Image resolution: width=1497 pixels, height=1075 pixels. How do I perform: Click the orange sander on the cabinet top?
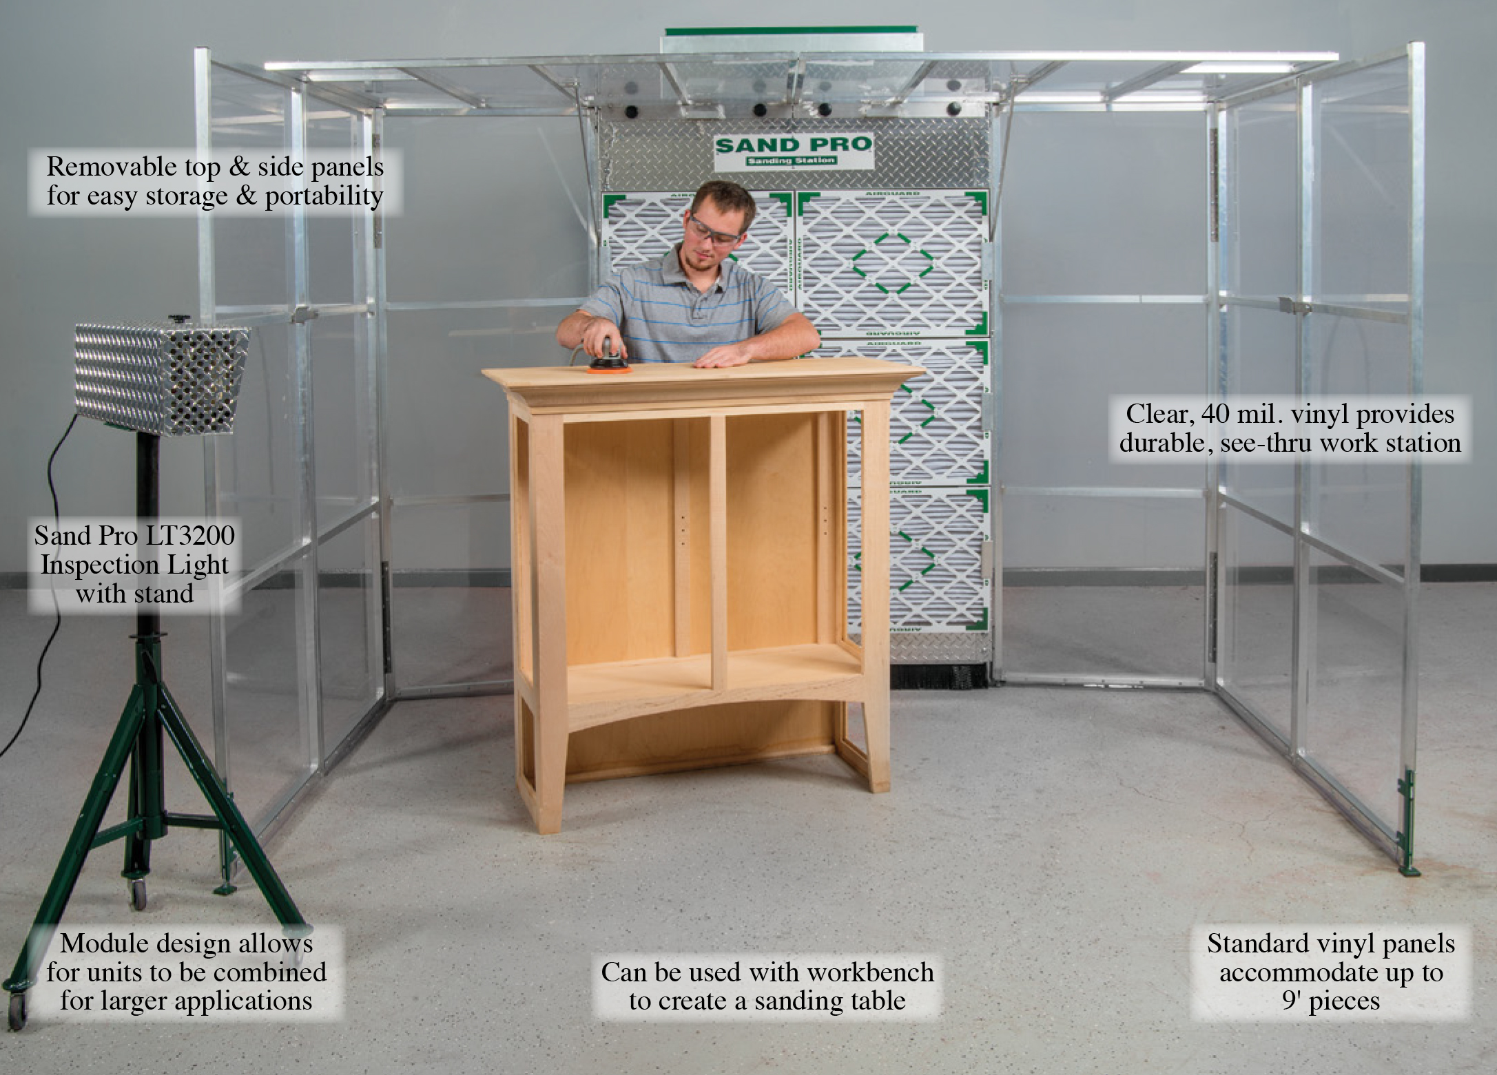tap(608, 360)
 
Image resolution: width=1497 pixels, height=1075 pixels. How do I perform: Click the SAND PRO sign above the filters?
tap(794, 151)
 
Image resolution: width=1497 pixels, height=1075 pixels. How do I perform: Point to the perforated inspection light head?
tap(162, 377)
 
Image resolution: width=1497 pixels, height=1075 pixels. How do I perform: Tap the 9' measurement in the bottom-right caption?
tap(1292, 1001)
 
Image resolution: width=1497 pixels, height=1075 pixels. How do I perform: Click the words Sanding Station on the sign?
tap(792, 161)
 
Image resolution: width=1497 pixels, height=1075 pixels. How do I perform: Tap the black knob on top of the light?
tap(179, 318)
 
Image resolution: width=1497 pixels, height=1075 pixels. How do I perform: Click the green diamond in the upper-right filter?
tap(893, 264)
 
